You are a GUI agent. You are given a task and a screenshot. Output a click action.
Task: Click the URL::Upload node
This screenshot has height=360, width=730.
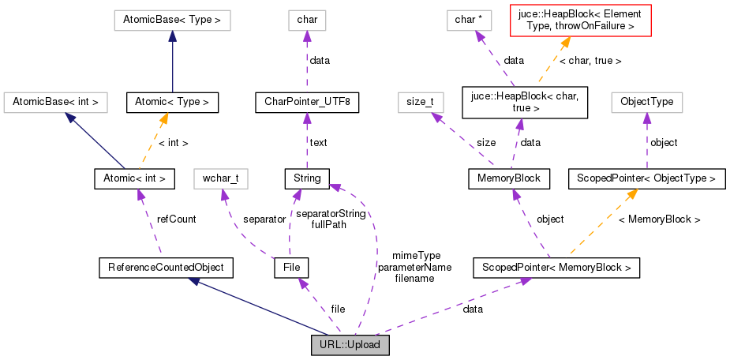(x=350, y=345)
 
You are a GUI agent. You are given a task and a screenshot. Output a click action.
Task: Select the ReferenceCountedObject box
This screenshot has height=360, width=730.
(x=166, y=268)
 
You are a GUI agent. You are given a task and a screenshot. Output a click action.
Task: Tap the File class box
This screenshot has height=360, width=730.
(x=290, y=268)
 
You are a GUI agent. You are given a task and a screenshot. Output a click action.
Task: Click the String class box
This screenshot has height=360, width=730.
(x=307, y=178)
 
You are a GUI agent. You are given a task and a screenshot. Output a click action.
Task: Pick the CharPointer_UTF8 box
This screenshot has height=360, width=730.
(x=307, y=102)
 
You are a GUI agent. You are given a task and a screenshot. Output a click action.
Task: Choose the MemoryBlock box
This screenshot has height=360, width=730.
(x=509, y=178)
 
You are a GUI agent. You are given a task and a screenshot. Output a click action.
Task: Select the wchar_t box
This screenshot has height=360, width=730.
(x=220, y=178)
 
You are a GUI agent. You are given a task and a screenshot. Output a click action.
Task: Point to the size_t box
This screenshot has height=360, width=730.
(x=420, y=102)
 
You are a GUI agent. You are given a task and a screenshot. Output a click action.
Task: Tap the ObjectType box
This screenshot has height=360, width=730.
(x=646, y=102)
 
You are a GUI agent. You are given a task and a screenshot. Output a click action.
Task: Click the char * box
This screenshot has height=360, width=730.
(x=469, y=20)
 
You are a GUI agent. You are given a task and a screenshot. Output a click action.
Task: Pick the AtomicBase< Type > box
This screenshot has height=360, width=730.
(x=172, y=20)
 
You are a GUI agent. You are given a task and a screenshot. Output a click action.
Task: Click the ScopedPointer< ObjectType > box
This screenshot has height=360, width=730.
(x=646, y=178)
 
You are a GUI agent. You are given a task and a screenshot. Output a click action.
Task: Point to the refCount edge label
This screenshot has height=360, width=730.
(x=176, y=219)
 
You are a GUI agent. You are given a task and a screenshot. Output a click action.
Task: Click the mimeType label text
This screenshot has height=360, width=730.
(x=415, y=256)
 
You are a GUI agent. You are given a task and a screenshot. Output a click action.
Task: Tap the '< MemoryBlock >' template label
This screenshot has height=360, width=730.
(x=659, y=219)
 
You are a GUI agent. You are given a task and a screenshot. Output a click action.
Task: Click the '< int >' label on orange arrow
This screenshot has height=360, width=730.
(x=173, y=143)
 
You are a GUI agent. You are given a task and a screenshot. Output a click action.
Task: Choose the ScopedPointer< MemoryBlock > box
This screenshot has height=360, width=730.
(x=556, y=268)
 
